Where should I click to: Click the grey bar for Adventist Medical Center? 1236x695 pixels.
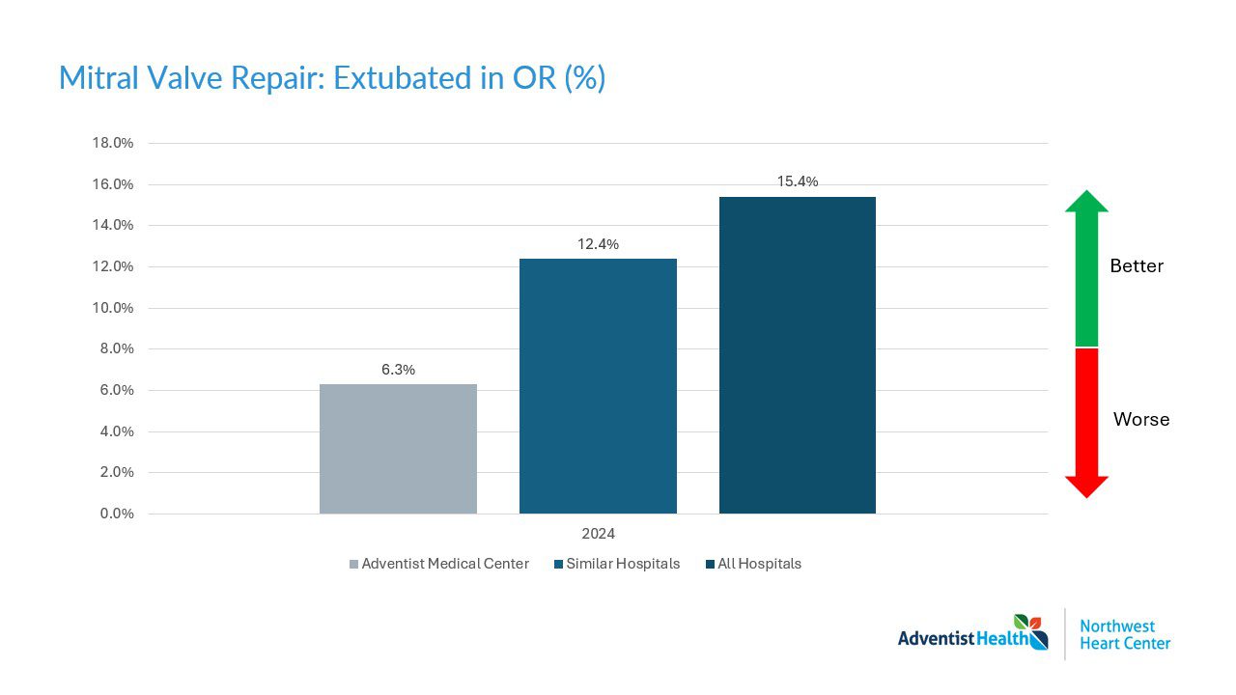click(398, 449)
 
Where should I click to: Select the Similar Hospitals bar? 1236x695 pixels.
click(598, 386)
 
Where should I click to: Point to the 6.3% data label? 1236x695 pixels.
click(398, 370)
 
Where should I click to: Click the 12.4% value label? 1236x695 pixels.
click(598, 244)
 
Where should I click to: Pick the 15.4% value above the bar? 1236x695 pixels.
click(798, 181)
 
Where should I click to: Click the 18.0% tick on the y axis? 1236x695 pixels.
click(112, 143)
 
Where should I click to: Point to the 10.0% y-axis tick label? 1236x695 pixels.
click(112, 308)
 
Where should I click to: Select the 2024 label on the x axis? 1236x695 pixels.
click(598, 534)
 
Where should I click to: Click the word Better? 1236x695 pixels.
click(1137, 265)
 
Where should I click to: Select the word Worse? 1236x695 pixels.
click(1140, 420)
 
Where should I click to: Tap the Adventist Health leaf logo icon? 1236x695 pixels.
click(1031, 631)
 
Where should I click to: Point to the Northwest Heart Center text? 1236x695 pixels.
click(1124, 634)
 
